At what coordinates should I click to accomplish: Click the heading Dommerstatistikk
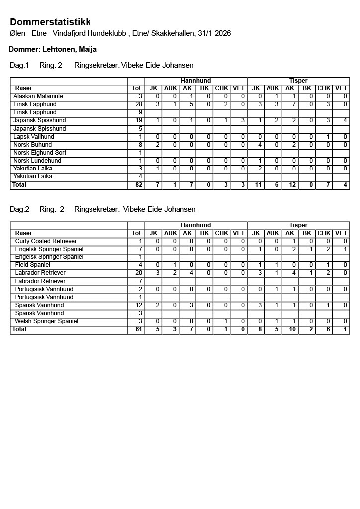coord(50,22)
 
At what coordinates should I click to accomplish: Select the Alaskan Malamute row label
coord(38,96)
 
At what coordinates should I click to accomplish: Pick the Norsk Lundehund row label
coord(37,161)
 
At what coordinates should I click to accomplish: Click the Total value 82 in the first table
coord(138,185)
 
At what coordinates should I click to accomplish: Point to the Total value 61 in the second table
coord(138,330)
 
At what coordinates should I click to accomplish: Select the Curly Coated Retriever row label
coord(46,241)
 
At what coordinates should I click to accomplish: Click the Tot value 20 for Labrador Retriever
coord(139,273)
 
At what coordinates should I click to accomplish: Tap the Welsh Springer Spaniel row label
coord(47,321)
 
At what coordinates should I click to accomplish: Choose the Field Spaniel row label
coord(33,265)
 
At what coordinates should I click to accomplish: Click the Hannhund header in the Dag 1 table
coord(196,81)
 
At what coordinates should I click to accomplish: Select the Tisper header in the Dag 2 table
coord(298,225)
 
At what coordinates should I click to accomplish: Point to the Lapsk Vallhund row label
coord(34,137)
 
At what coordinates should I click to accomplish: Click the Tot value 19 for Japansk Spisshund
coord(139,120)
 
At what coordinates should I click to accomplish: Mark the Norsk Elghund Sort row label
coord(40,153)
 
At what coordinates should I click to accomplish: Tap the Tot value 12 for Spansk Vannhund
coord(139,305)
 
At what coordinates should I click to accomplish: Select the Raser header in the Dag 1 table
coord(24,88)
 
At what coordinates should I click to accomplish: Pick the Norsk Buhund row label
coord(33,145)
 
